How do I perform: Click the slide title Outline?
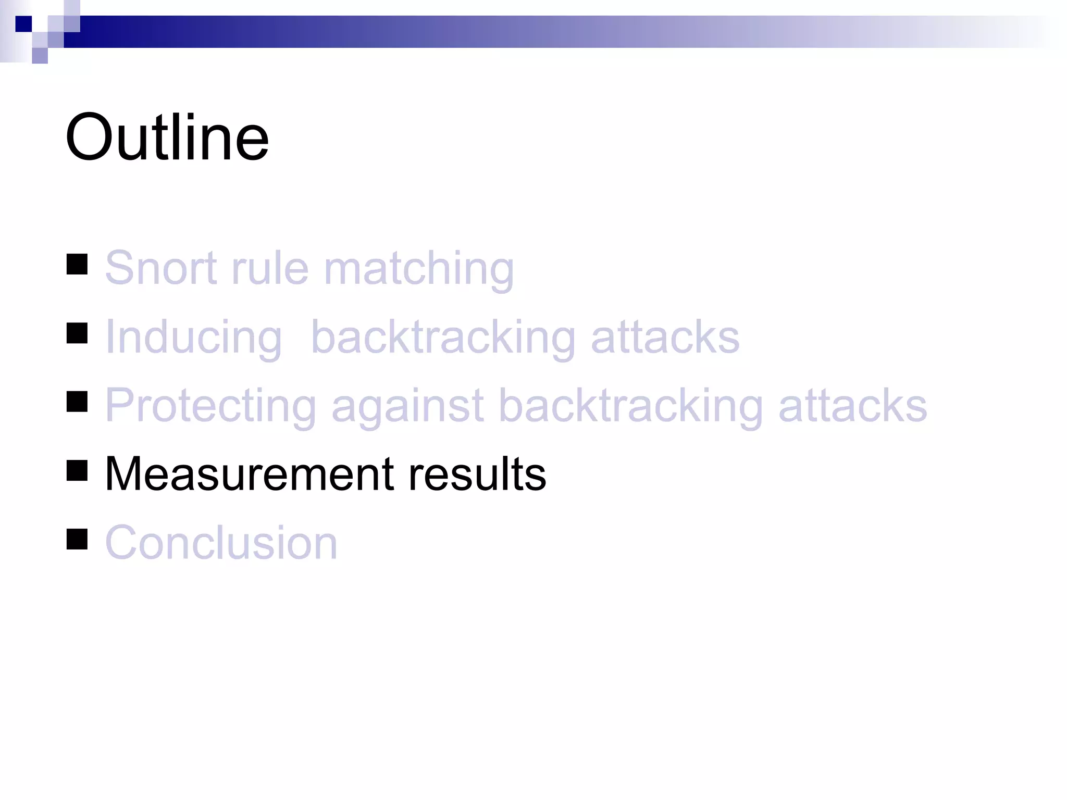point(167,137)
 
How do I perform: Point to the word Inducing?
point(193,337)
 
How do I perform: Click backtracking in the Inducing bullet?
point(443,337)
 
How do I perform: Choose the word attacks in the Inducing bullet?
point(665,337)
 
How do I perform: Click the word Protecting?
point(210,406)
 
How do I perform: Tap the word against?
point(407,406)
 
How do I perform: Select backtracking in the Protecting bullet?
point(630,406)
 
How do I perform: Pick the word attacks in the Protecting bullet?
point(852,406)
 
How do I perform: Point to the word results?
point(477,474)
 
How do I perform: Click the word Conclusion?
point(221,543)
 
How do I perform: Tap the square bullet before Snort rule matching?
point(77,264)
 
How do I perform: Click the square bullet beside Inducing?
point(77,333)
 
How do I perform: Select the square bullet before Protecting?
point(77,402)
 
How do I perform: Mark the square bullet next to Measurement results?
point(77,470)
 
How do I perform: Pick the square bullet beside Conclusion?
point(77,539)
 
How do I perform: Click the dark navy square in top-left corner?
point(23,24)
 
